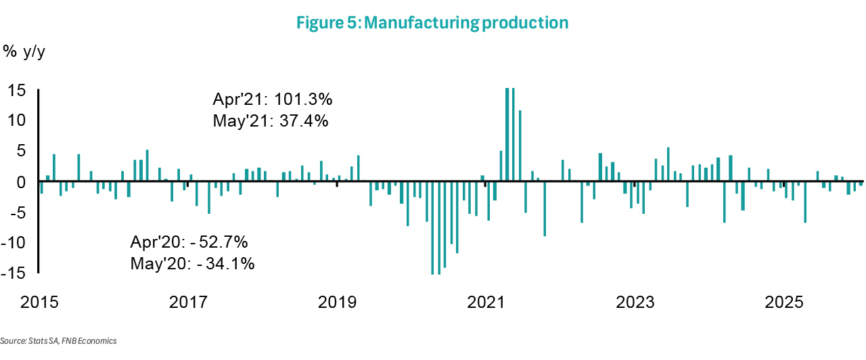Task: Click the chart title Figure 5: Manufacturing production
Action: click(432, 23)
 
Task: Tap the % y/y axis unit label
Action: click(24, 51)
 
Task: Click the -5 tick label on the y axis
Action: click(18, 212)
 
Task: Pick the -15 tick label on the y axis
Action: click(15, 273)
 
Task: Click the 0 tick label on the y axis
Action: click(22, 182)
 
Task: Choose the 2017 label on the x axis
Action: click(187, 301)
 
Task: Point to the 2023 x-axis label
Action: click(635, 301)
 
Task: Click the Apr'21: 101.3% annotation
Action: click(273, 100)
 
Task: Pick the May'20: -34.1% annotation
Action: click(192, 264)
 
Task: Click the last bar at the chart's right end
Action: click(861, 184)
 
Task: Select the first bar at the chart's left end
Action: click(41, 187)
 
